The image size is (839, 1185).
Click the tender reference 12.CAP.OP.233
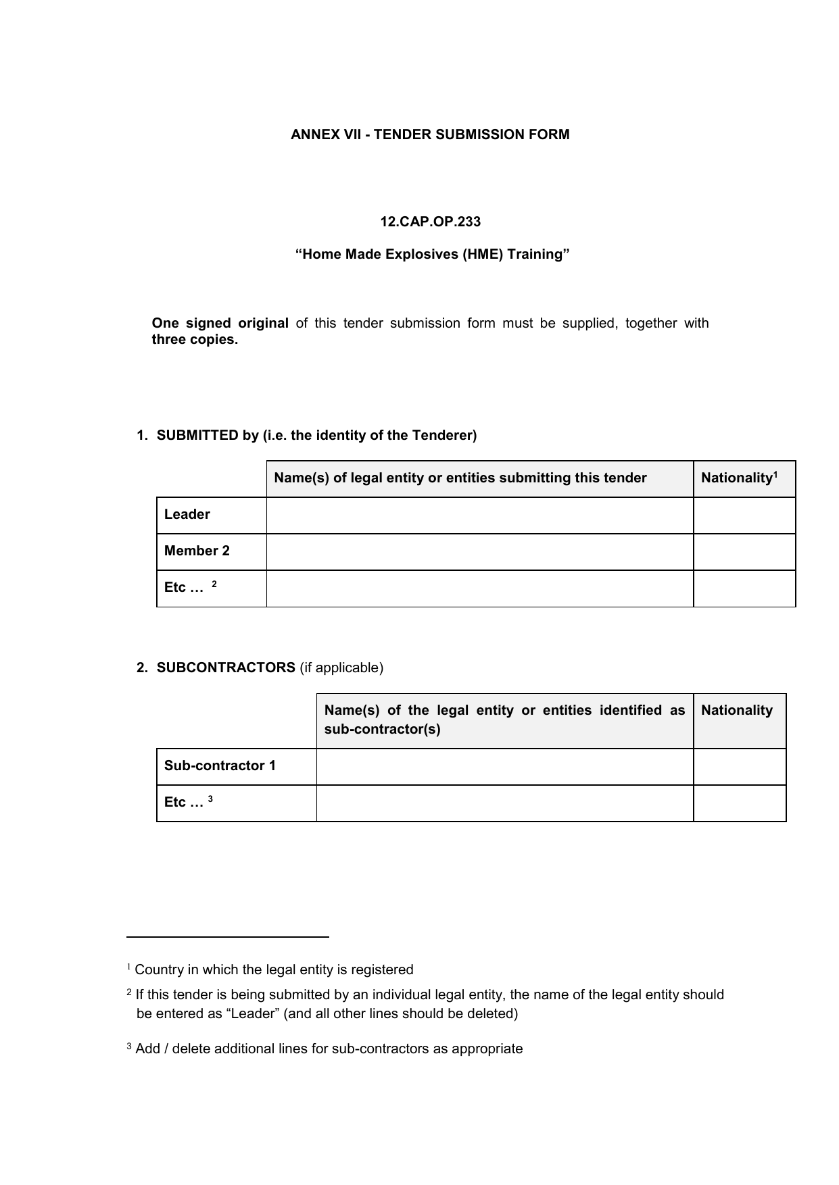click(430, 222)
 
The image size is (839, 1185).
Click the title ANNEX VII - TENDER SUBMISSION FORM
click(430, 134)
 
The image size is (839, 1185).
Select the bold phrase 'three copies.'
click(195, 340)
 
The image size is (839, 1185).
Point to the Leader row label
click(187, 515)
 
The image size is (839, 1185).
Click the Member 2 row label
click(197, 551)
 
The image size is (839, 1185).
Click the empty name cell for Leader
click(479, 515)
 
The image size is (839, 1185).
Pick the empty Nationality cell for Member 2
click(744, 552)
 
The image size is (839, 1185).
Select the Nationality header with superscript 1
click(739, 478)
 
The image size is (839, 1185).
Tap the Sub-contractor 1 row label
click(220, 766)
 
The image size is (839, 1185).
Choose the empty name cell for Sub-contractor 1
click(504, 767)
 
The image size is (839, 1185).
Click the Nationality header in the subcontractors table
click(736, 711)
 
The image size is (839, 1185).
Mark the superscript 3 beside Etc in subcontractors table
click(210, 799)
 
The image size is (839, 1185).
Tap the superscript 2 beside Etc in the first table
click(214, 584)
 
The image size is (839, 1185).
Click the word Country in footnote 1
click(159, 970)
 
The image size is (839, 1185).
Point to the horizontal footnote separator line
click(227, 937)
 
